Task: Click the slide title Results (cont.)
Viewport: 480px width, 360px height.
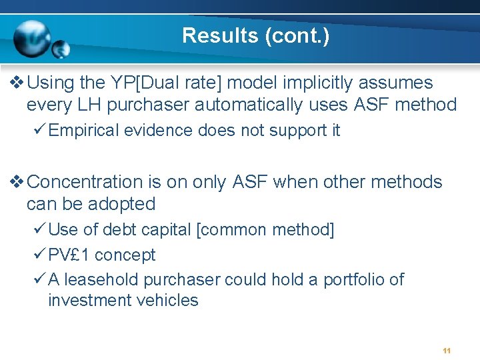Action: [x=255, y=35]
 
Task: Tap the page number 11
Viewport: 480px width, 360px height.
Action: [x=447, y=351]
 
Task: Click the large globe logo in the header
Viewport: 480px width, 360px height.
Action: [x=31, y=38]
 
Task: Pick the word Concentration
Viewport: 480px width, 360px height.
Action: [x=86, y=182]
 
